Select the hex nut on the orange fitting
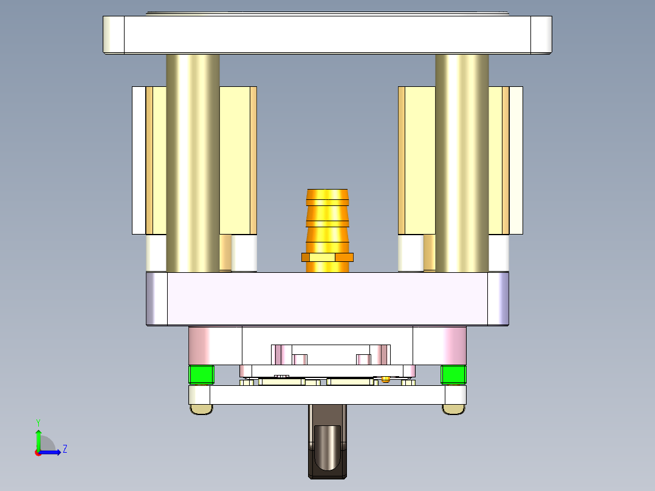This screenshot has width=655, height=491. click(x=327, y=257)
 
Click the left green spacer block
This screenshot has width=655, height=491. click(x=201, y=374)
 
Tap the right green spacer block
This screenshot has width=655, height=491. click(x=453, y=374)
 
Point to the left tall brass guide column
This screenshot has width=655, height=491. click(x=193, y=164)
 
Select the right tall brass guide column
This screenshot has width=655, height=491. click(x=462, y=164)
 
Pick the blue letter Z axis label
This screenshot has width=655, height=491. click(x=64, y=449)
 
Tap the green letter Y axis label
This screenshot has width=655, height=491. click(x=38, y=422)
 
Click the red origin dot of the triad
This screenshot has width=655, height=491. click(x=38, y=452)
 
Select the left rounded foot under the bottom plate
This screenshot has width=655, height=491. click(x=201, y=410)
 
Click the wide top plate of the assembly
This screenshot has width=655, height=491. click(x=327, y=35)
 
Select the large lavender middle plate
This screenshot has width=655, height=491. click(x=327, y=298)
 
